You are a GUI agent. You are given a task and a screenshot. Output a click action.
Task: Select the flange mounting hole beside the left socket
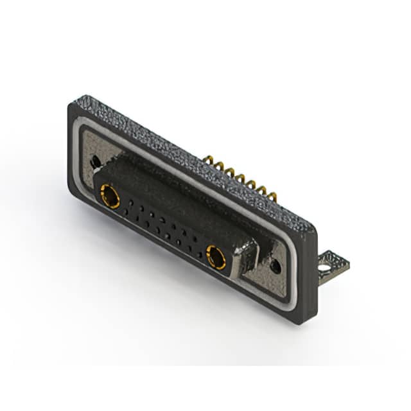[x=95, y=162]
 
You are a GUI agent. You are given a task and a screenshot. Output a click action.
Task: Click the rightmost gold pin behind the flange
[x=273, y=195]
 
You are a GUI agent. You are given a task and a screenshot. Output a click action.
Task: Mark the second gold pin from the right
[x=263, y=189]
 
